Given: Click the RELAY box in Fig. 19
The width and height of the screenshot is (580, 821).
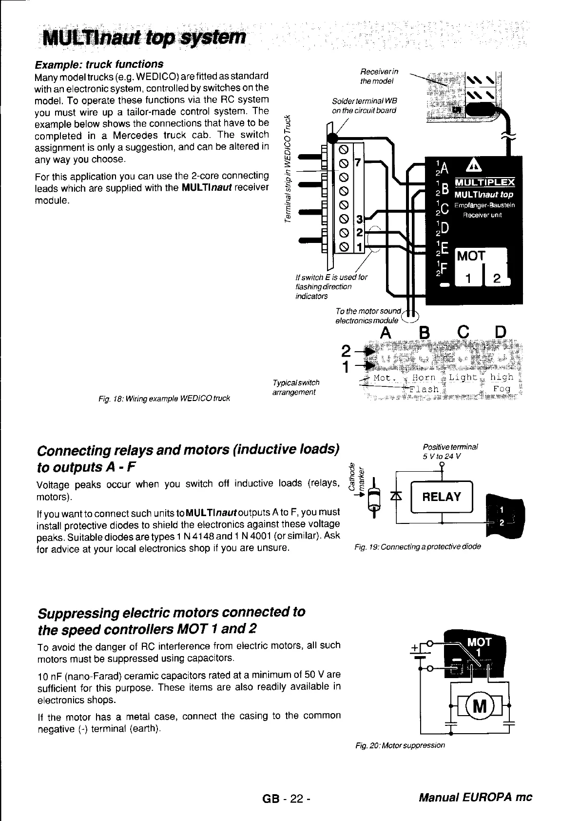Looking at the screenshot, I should point(442,497).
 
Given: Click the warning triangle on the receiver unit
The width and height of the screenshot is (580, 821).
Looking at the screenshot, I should point(473,167).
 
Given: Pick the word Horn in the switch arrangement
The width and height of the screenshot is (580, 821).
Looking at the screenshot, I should point(424,378).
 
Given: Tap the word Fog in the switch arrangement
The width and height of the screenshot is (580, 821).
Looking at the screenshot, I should point(502,389).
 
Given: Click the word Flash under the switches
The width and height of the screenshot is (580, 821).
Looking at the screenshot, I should point(425,389).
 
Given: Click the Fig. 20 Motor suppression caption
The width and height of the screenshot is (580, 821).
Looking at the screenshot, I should point(400,745).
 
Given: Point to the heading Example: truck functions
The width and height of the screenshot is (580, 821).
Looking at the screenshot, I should point(98,64).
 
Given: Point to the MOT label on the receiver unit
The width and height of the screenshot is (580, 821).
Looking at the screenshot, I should point(471,256).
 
